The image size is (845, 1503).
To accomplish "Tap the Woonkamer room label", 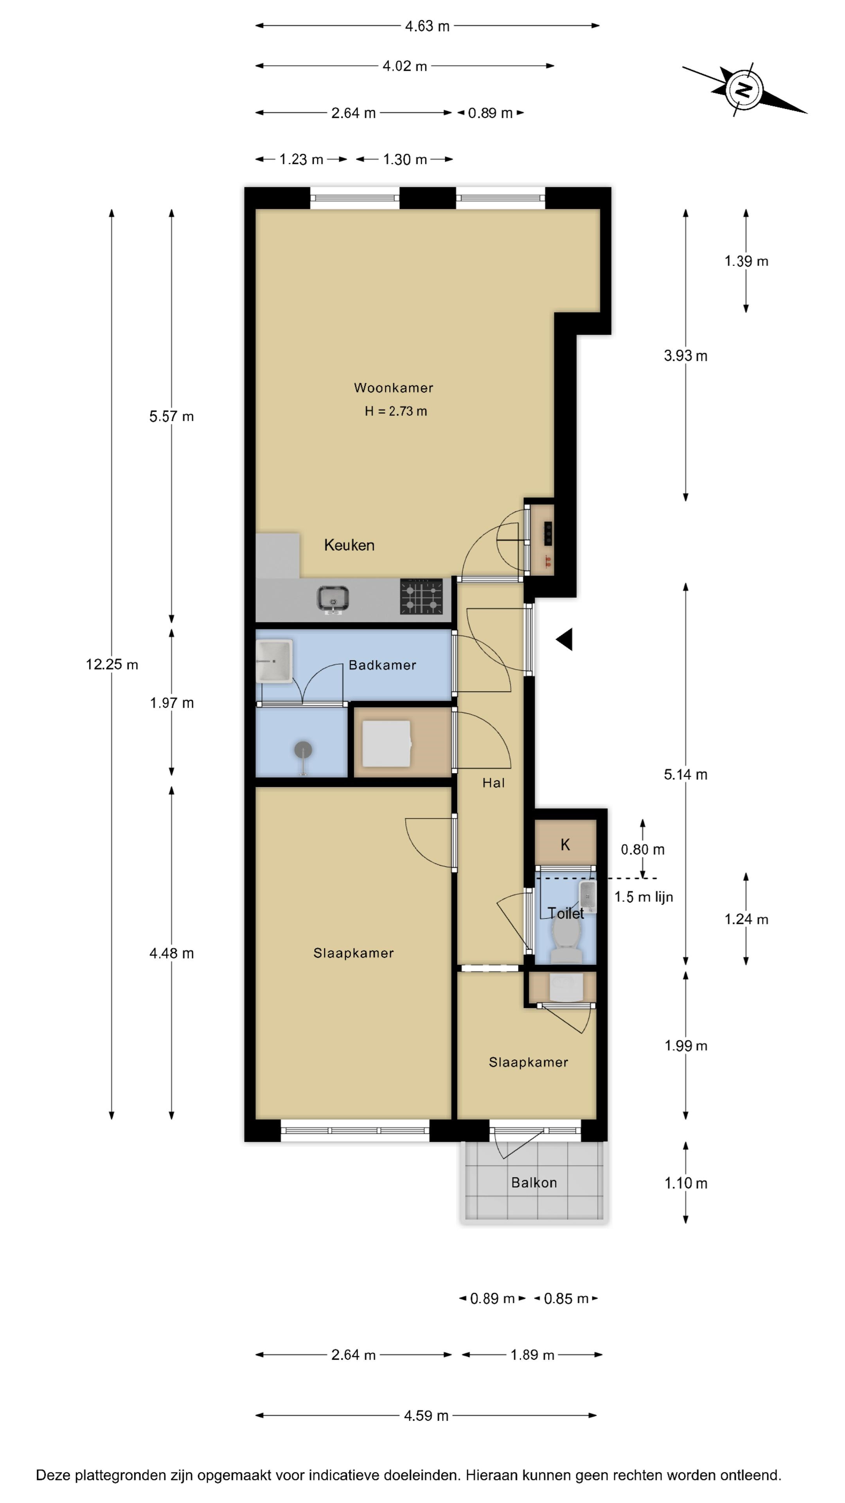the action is click(394, 388).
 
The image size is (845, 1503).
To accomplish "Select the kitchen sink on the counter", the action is click(333, 600).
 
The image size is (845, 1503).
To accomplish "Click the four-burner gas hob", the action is click(421, 596).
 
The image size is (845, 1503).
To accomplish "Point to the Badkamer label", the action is click(383, 665).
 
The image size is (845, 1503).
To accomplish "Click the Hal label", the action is click(493, 783).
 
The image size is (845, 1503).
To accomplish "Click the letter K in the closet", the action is click(565, 844).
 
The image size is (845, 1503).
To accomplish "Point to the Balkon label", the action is click(534, 1183).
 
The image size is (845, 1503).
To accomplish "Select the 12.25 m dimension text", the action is click(112, 665).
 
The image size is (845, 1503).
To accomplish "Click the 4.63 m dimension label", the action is click(428, 26).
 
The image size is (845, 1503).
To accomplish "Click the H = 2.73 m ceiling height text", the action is click(396, 411).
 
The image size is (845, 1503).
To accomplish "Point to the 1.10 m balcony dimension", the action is click(686, 1183).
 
